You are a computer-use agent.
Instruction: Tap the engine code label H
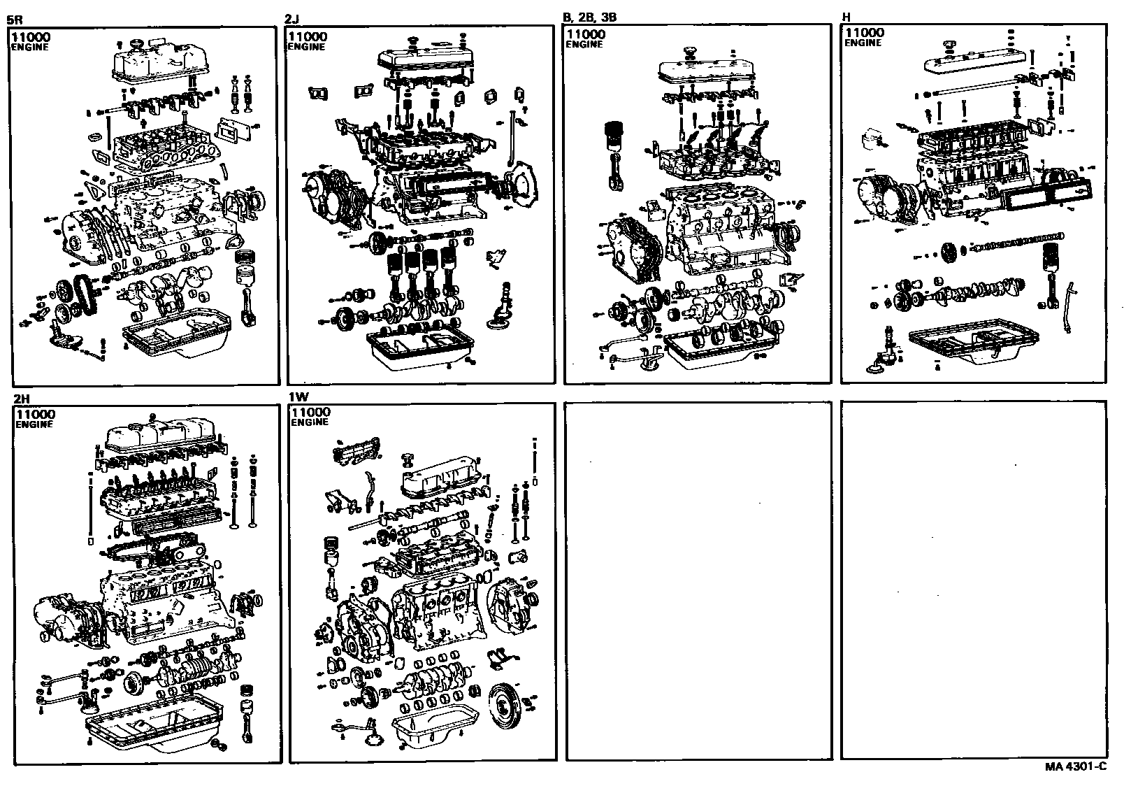tap(847, 17)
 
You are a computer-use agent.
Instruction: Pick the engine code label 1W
tap(298, 396)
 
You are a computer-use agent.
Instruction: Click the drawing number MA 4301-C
tap(1076, 766)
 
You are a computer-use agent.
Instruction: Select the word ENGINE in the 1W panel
tap(309, 422)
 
